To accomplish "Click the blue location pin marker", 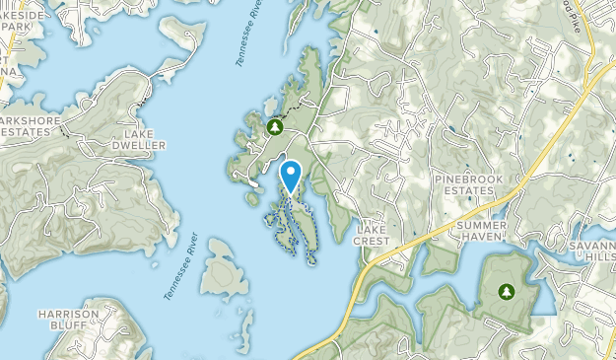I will (292, 176).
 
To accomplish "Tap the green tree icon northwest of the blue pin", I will (275, 128).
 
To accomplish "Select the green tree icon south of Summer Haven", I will (507, 292).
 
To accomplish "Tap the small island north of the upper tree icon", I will (270, 105).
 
